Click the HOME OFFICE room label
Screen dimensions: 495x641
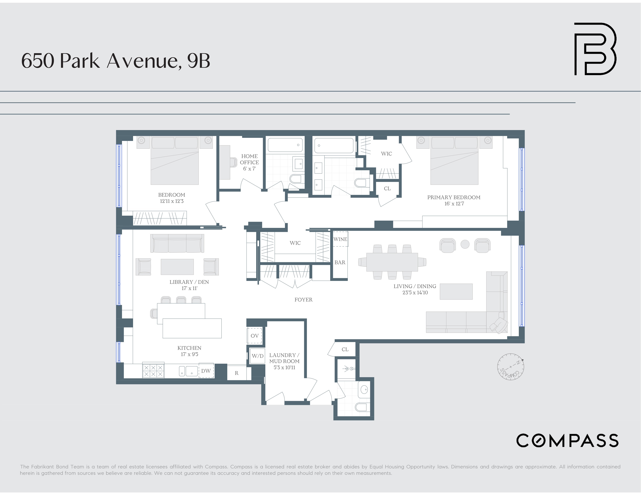tap(249, 159)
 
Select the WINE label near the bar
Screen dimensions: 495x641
tap(340, 239)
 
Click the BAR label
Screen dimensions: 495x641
tap(340, 262)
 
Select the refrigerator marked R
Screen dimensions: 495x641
tap(237, 373)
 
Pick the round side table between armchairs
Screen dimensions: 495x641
tap(465, 244)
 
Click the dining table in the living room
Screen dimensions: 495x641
tap(392, 262)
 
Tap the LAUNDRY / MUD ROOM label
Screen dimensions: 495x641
tap(284, 358)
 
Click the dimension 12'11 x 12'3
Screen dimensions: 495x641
tap(172, 201)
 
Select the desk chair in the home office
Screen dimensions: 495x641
tap(233, 162)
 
